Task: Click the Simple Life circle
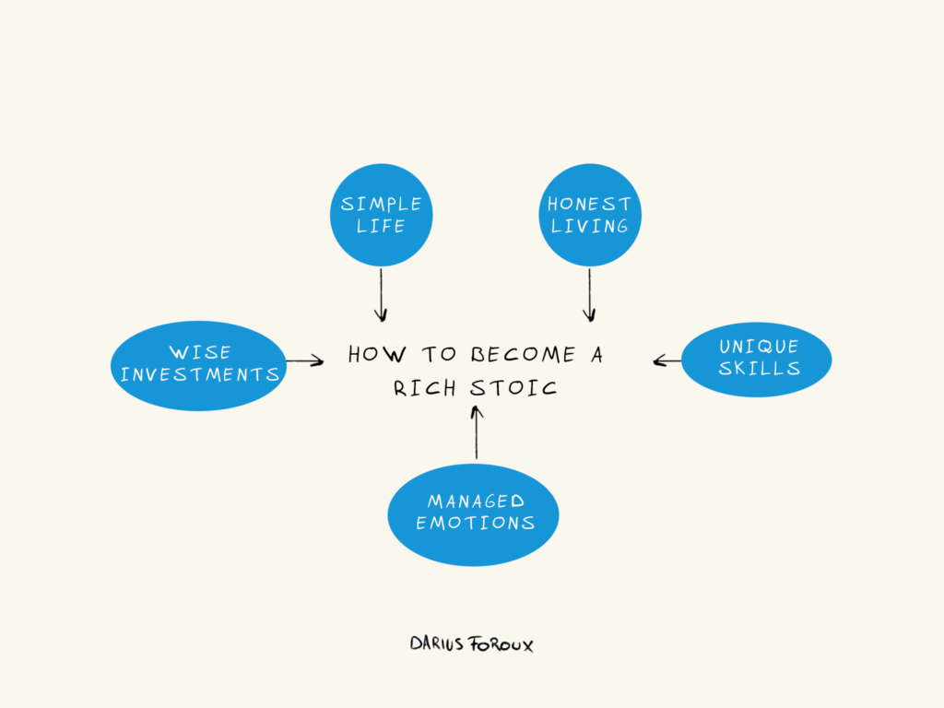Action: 381,215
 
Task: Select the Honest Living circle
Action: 589,215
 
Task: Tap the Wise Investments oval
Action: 199,364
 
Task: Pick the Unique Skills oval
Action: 757,359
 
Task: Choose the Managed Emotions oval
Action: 473,514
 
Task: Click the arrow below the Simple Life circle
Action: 381,293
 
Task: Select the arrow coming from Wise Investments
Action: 304,361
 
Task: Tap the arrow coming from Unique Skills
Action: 667,361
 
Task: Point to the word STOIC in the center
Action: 513,387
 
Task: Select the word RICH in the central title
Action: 424,387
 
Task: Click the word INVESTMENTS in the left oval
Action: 199,375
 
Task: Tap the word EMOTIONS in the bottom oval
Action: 475,523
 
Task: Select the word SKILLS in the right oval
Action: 759,369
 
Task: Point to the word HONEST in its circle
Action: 589,204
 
